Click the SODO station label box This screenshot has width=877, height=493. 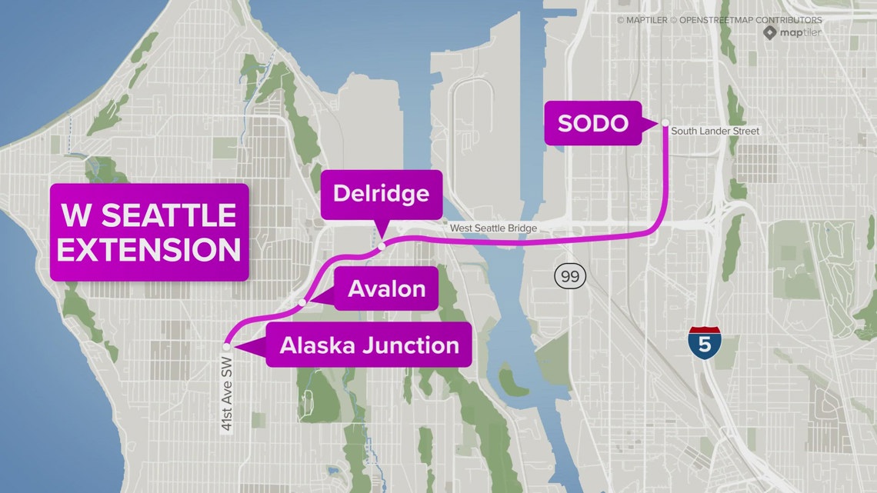(592, 123)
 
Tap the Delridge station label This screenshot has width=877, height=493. (381, 192)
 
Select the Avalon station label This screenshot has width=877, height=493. (386, 289)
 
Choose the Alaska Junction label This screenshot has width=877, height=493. (369, 345)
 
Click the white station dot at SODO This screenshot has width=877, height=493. (665, 122)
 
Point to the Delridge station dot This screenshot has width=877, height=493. (382, 247)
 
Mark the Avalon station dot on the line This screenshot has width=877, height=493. (302, 302)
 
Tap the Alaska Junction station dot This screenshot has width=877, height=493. (226, 346)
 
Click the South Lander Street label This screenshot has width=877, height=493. (715, 132)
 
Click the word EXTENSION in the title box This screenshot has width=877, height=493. (149, 248)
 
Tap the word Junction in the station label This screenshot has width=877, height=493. (415, 345)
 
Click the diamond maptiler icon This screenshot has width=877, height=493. (770, 33)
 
